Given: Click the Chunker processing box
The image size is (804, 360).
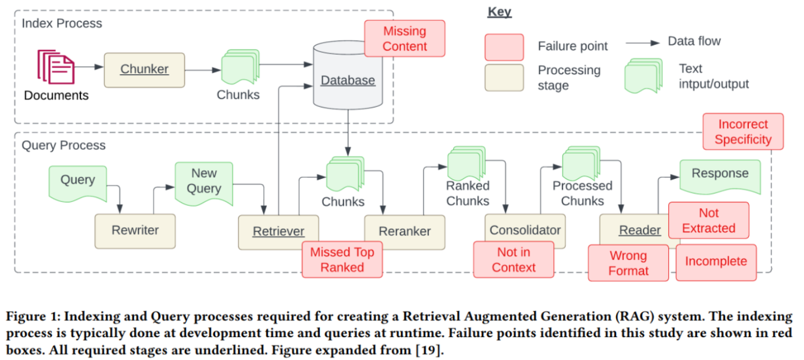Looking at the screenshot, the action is pos(144,70).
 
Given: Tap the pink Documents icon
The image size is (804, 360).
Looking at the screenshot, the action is pos(56,67).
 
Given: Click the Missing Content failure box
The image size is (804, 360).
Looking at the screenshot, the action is pos(404,39).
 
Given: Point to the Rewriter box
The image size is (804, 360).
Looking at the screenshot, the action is pos(135,231).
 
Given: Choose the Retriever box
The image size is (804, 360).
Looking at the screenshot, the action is pos(278,232).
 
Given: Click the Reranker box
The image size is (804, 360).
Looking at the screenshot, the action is pos(404,232).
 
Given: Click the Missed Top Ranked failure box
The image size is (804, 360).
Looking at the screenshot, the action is pos(342,259).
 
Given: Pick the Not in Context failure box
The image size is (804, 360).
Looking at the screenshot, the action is pos(514,259).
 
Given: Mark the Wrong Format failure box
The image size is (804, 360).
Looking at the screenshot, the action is pos(628,263).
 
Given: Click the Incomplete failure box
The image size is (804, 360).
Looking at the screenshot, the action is pos(716,262).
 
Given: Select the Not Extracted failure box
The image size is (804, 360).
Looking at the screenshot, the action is pos(709,220).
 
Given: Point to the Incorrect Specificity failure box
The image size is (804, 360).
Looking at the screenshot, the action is pos(743,131).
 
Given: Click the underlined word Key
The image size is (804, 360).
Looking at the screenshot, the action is pos(499,12).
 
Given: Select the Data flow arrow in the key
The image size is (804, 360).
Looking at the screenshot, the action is pos(642,43).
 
